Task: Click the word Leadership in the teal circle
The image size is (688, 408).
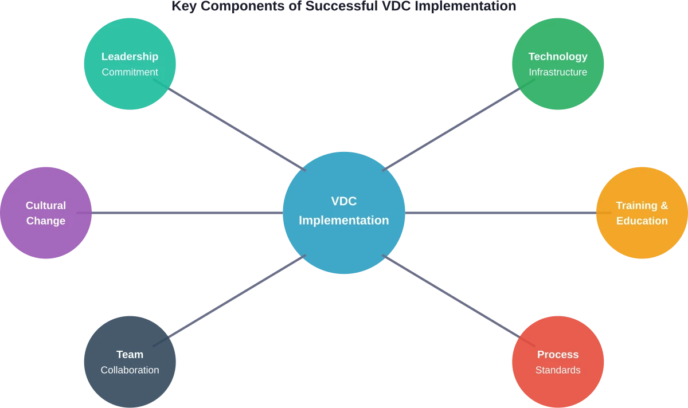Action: [130, 57]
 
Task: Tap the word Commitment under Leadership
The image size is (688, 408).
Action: [130, 72]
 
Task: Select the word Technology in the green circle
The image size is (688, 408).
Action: [558, 57]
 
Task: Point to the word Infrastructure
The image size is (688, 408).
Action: [558, 72]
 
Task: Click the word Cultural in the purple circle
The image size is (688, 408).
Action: [46, 205]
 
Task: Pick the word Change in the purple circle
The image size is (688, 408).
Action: [46, 221]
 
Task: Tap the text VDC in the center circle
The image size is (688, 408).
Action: [344, 201]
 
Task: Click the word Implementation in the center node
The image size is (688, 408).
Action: [344, 220]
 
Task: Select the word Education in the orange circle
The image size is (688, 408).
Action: [642, 221]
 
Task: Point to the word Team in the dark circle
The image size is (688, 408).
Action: [130, 355]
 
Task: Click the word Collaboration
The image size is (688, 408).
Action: [130, 370]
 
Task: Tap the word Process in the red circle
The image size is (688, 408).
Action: [558, 355]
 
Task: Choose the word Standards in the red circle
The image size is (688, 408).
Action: [558, 370]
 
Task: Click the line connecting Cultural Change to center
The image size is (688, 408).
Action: [186, 214]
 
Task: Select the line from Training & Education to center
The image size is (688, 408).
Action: [502, 214]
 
